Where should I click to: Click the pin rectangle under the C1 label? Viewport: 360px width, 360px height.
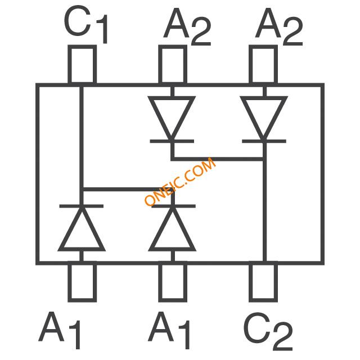(x=82, y=65)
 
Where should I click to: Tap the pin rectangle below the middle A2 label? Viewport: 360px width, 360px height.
(x=172, y=65)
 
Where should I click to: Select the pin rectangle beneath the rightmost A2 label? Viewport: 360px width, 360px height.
(x=263, y=65)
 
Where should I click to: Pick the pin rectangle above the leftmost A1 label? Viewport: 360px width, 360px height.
(x=82, y=281)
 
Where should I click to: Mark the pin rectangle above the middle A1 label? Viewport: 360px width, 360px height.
(x=172, y=281)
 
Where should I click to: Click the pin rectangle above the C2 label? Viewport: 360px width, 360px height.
(x=263, y=281)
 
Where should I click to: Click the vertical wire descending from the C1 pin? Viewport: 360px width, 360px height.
(x=82, y=141)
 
